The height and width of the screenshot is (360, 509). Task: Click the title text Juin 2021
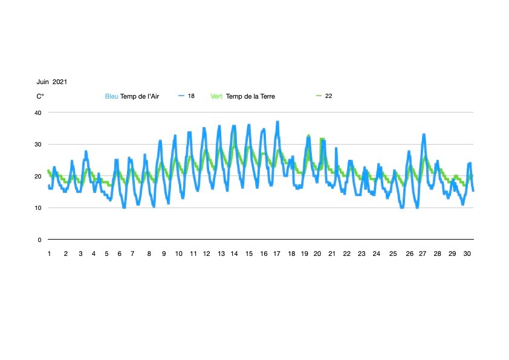(x=51, y=82)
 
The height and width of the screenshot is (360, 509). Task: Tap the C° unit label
(x=40, y=96)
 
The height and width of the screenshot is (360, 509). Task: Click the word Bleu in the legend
(x=112, y=96)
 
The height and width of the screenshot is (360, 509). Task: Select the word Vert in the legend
(x=217, y=96)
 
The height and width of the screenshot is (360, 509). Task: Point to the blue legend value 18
(x=191, y=96)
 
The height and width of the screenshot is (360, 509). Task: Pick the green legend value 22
(x=329, y=96)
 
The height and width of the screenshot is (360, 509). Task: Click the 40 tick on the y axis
(x=37, y=113)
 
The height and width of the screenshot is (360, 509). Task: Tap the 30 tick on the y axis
(x=37, y=145)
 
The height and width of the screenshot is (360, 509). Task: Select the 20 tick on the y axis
(x=37, y=177)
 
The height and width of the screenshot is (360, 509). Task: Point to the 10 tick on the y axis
(x=37, y=208)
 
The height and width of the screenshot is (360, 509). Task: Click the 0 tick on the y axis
(x=39, y=240)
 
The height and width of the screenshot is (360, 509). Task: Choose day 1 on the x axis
(x=49, y=254)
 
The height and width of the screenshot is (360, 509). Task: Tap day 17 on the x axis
(x=277, y=254)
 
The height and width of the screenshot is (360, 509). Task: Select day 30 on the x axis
(x=467, y=254)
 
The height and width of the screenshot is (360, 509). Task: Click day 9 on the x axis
(x=163, y=254)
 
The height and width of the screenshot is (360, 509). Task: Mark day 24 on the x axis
(x=377, y=254)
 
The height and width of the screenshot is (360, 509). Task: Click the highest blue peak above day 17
(x=277, y=122)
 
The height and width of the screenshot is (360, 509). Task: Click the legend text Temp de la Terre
(x=251, y=96)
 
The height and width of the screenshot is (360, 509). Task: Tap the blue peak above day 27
(x=424, y=135)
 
